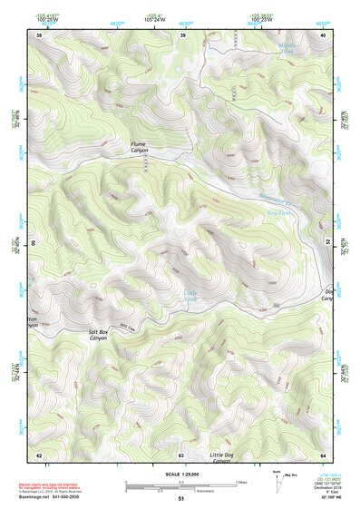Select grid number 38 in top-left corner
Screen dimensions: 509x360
point(39,34)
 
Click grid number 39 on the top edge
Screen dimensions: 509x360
point(182,34)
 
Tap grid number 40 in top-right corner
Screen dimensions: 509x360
point(324,34)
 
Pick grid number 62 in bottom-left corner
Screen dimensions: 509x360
point(39,454)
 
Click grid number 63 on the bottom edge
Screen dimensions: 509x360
point(181,454)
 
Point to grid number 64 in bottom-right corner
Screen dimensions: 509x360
point(323,454)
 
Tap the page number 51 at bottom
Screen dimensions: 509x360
point(180,499)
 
